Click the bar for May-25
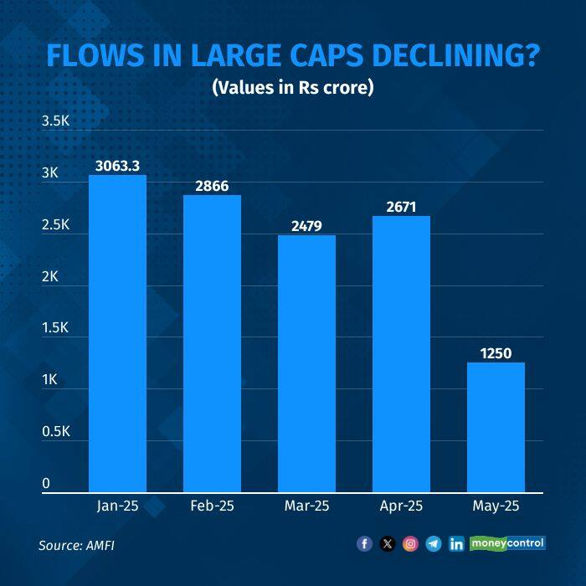496,427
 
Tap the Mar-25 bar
306,363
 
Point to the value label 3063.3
117,166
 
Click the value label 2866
212,186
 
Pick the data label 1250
496,353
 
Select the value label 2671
401,207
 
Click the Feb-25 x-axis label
212,507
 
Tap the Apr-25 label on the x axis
401,507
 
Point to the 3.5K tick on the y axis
55,121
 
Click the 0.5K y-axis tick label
55,431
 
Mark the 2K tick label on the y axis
49,276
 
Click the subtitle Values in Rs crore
292,87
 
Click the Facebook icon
364,544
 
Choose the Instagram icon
410,544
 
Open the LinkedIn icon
456,544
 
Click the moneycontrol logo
507,543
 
